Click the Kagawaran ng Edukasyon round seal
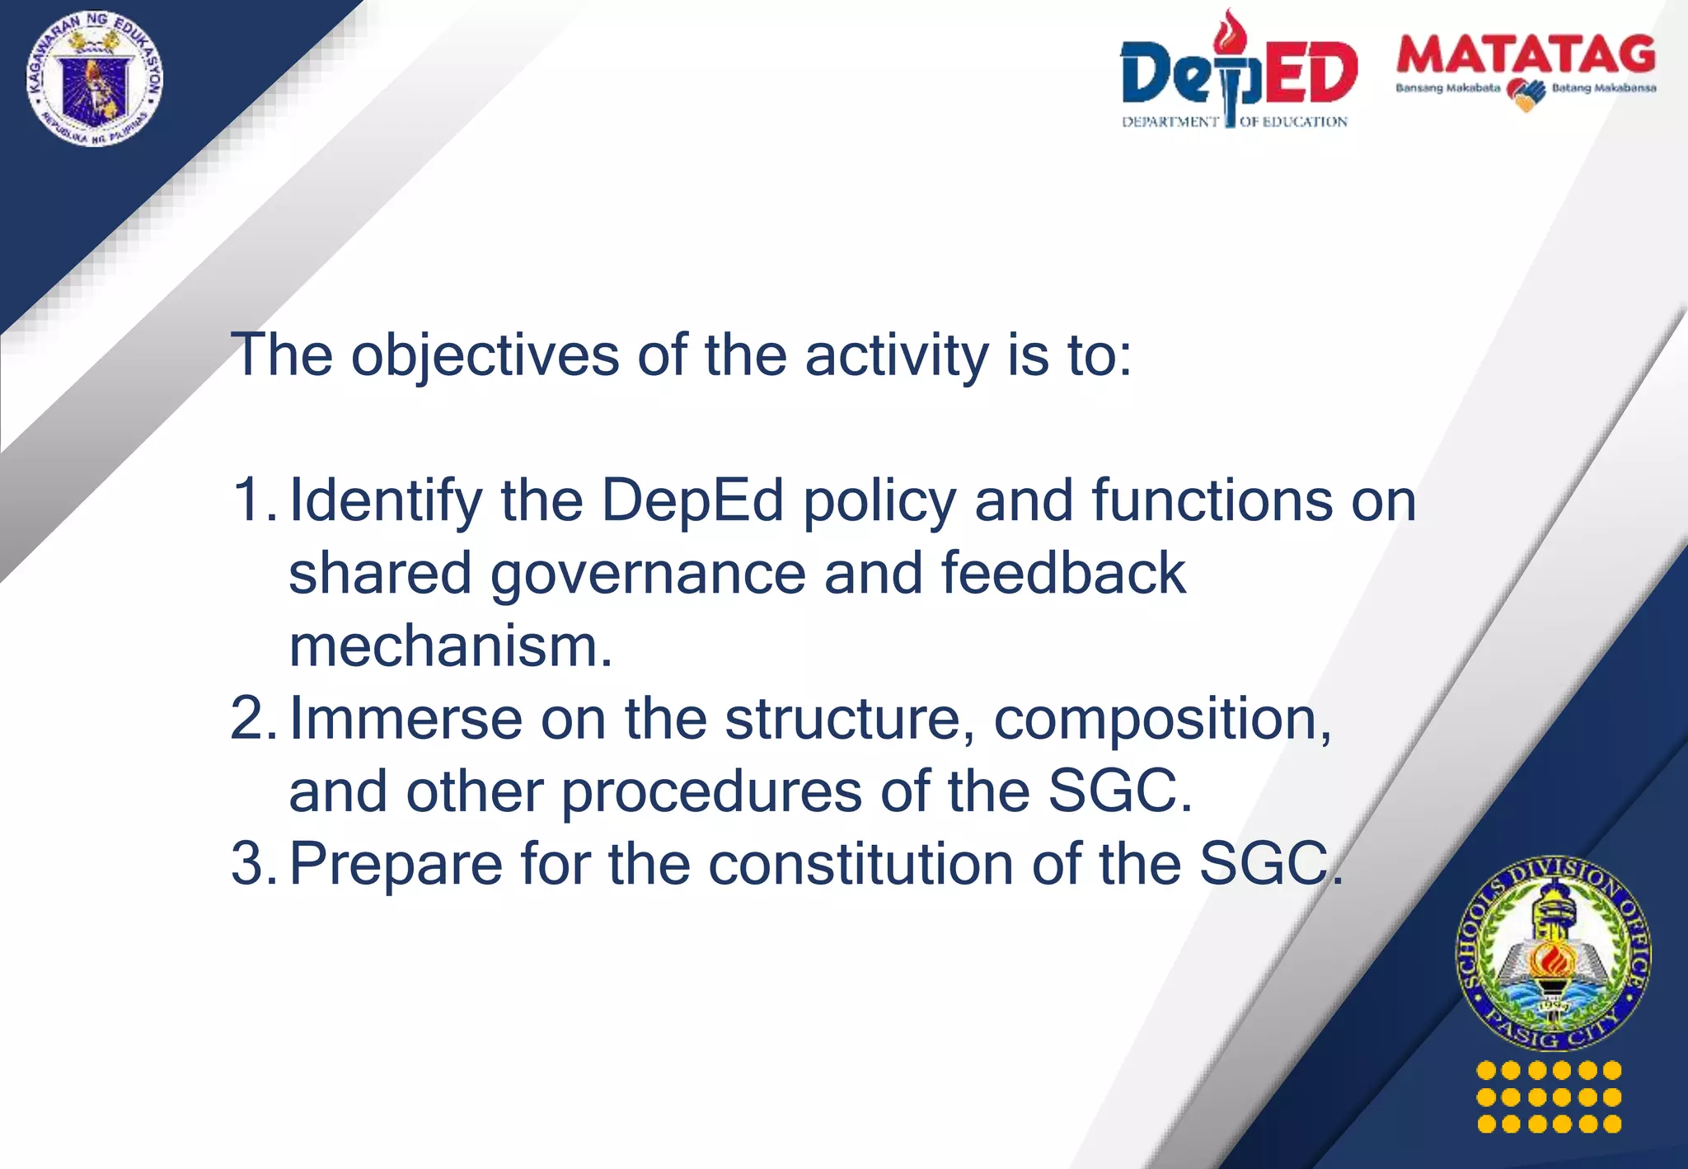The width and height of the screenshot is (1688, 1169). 95,79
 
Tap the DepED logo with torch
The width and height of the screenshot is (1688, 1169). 1238,70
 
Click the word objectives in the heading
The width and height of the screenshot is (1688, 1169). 485,355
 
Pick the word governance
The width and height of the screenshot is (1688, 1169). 648,575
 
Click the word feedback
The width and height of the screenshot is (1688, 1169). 1063,573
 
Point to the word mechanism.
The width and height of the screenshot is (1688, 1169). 450,646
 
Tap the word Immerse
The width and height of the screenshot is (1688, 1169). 406,719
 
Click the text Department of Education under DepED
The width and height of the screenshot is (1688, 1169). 1234,122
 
